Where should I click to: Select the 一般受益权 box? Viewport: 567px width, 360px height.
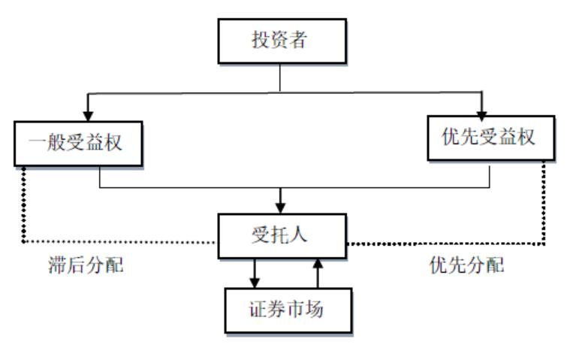click(x=78, y=140)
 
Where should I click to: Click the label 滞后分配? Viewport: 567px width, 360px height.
click(x=85, y=266)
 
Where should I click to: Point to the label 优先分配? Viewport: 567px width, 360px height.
click(x=466, y=266)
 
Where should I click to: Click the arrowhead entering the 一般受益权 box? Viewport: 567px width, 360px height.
click(x=89, y=113)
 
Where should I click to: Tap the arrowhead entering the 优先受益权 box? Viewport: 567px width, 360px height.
click(x=482, y=109)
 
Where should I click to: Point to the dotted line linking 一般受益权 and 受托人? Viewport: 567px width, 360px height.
click(x=23, y=218)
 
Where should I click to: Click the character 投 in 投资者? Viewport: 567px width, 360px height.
click(x=260, y=41)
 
